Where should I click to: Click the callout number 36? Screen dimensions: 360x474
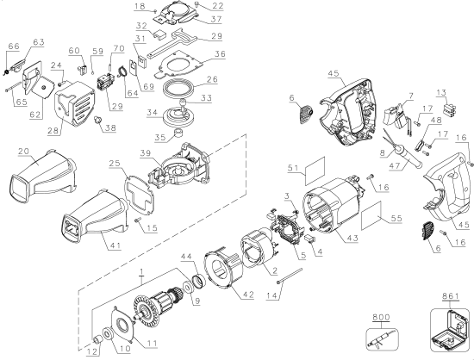(x=220, y=54)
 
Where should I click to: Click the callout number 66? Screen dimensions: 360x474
(x=12, y=46)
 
